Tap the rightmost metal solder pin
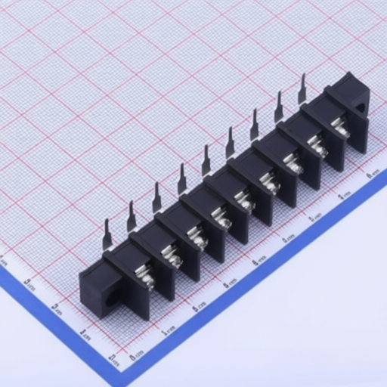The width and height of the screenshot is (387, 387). [x=302, y=88]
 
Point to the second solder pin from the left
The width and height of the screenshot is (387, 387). [x=131, y=216]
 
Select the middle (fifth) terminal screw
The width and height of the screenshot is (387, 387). [x=243, y=200]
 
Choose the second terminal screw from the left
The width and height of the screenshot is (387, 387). [x=172, y=259]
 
